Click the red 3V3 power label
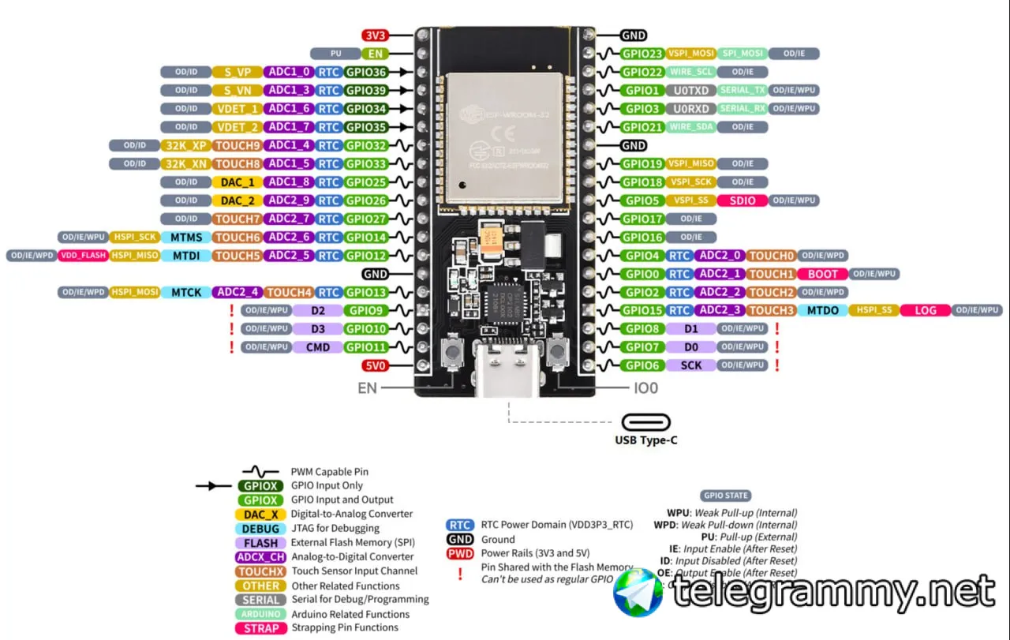[x=374, y=36]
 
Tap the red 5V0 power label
[x=374, y=365]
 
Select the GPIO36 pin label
[x=366, y=72]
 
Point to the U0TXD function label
[x=692, y=91]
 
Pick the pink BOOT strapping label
[x=823, y=274]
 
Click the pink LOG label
[x=926, y=310]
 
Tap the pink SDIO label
[x=743, y=200]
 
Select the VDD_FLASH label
[x=82, y=256]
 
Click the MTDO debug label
[x=822, y=310]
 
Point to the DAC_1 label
[x=238, y=182]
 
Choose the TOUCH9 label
[x=238, y=145]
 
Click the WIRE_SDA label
[x=691, y=127]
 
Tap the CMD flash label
[x=318, y=347]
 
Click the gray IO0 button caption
[x=645, y=388]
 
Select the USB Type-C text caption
[x=645, y=440]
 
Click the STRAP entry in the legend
[x=261, y=628]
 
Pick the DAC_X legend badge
[x=261, y=515]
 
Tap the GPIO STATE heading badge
[x=725, y=496]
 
